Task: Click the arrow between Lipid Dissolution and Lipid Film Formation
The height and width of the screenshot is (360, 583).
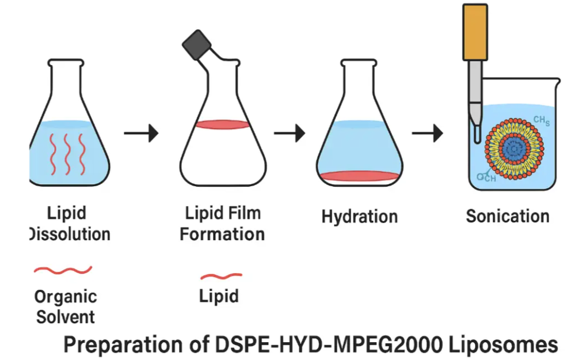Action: point(141,133)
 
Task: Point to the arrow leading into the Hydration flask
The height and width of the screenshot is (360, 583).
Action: point(290,133)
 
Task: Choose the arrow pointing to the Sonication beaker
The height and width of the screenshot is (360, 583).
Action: point(428,133)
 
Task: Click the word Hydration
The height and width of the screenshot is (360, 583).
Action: point(359,217)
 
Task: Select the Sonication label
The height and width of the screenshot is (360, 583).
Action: point(508,216)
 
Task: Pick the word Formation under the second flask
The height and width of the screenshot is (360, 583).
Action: point(222,234)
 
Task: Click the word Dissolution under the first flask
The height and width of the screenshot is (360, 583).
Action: point(70,234)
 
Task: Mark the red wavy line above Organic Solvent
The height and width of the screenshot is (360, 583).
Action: point(63,270)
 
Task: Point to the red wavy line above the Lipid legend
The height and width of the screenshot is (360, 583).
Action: point(221,276)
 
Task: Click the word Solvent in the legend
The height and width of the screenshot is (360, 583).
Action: point(66,316)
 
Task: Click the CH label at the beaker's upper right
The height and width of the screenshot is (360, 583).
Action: point(542,120)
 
